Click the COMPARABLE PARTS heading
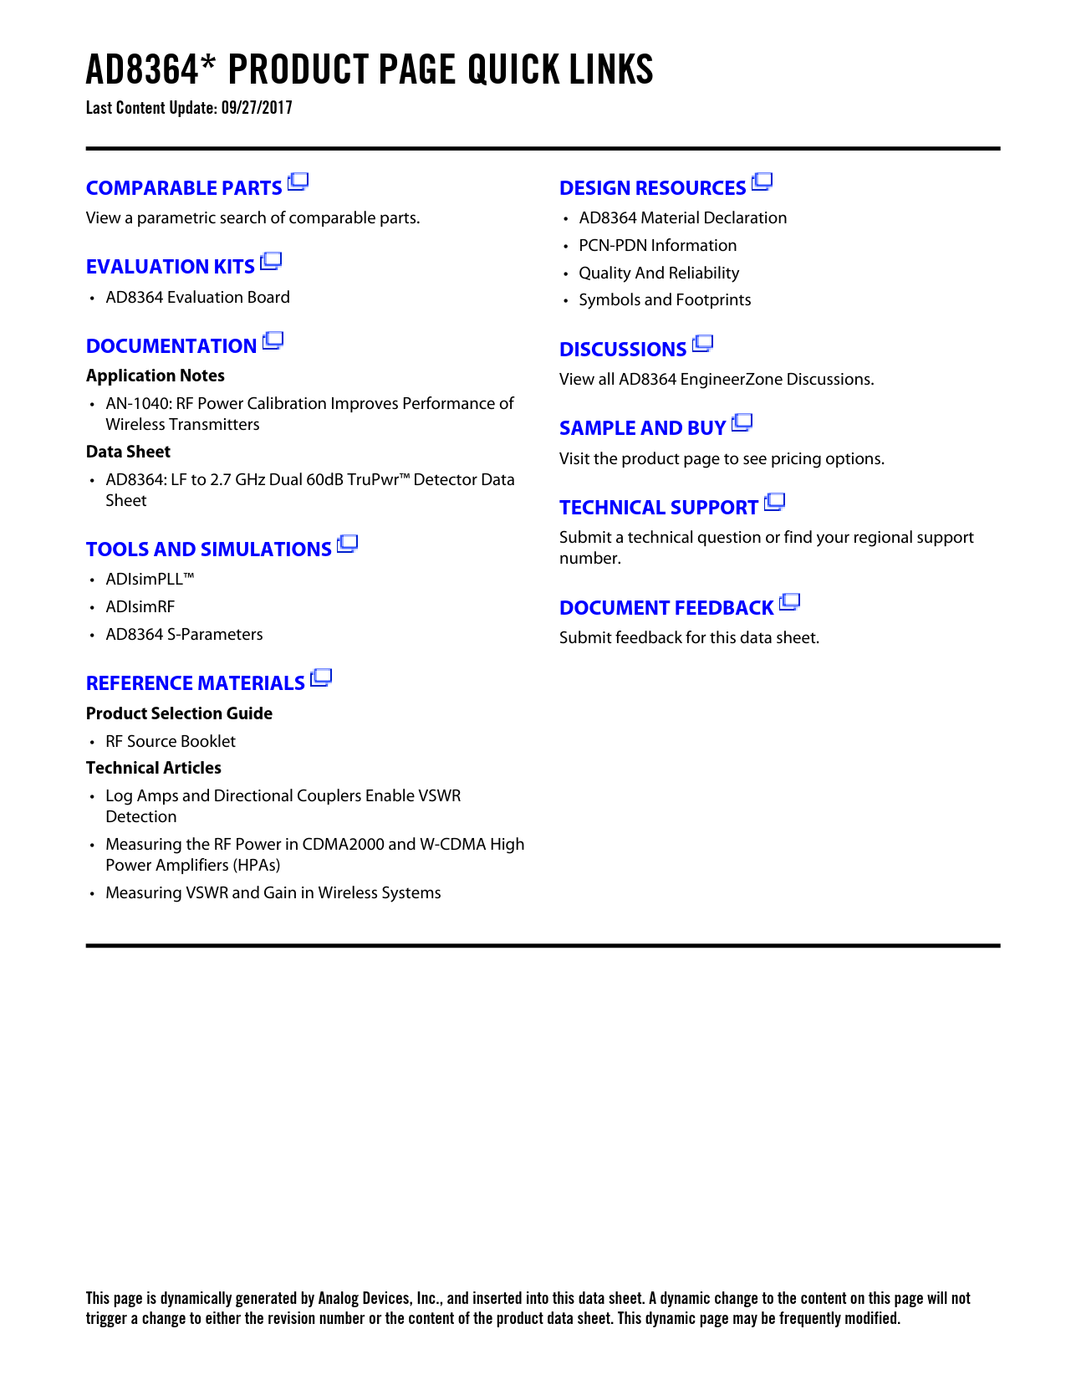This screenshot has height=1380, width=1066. [184, 188]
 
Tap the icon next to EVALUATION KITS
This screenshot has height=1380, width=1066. [271, 262]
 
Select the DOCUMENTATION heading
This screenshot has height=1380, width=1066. [171, 346]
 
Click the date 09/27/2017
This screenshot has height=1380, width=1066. [257, 108]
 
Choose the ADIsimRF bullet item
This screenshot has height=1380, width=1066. [140, 607]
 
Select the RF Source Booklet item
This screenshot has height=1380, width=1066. [171, 742]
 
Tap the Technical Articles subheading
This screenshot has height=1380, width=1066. [154, 768]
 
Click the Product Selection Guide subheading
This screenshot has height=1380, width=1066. [179, 713]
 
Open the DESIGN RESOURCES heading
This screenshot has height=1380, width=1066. [652, 188]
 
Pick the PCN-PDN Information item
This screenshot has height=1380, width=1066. [657, 246]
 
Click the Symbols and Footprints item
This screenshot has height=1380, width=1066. [665, 300]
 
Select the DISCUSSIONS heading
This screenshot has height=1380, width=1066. [623, 350]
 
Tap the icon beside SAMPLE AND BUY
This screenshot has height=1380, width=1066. [742, 423]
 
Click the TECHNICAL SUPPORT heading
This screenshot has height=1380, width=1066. [659, 508]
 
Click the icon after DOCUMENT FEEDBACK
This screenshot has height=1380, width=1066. [790, 602]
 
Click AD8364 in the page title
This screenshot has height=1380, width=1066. [142, 70]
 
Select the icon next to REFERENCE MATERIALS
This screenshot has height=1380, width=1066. [321, 678]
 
